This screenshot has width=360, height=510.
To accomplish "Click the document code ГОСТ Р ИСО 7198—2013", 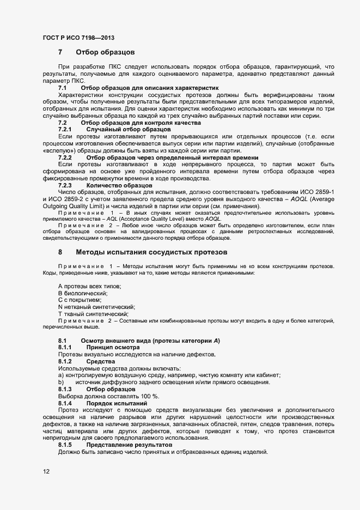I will click(x=78, y=38).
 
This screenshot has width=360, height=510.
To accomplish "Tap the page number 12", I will click(x=46, y=471).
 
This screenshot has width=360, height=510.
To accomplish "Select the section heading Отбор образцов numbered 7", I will click(x=102, y=53).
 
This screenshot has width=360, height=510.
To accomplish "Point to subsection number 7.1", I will click(x=63, y=87).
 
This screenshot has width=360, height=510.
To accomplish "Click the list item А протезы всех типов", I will click(x=89, y=286).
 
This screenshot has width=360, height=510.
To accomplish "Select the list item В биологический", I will click(x=82, y=293).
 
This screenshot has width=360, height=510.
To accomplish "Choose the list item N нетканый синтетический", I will click(x=96, y=307).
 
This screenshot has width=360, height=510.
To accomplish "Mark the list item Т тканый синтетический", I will click(x=93, y=314).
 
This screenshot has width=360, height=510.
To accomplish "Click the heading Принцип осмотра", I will click(x=113, y=348).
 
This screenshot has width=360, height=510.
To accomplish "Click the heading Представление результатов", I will click(x=130, y=445).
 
